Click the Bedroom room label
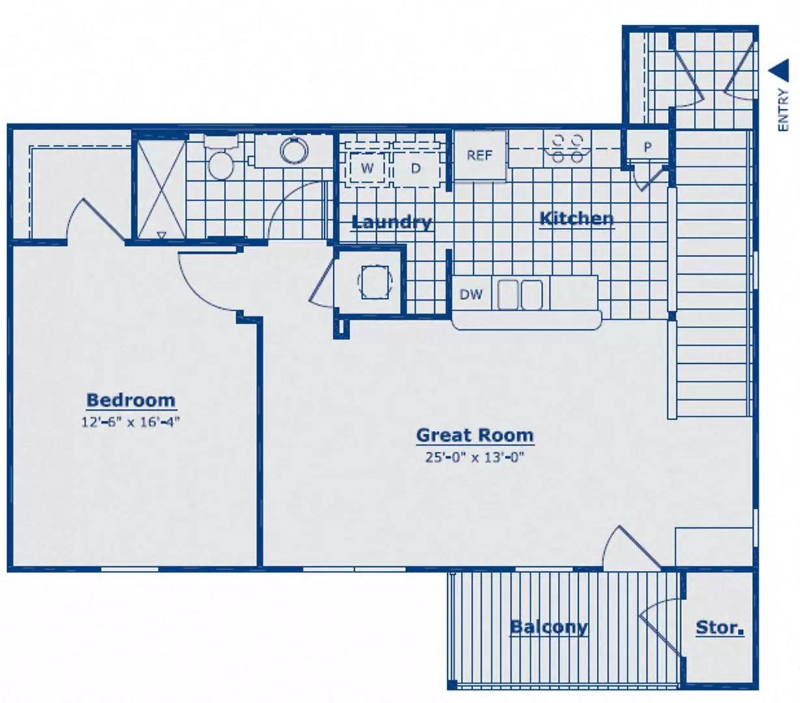(131, 400)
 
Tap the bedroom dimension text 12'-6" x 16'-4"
(131, 422)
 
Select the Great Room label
(475, 435)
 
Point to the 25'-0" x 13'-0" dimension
(475, 458)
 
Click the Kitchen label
(577, 219)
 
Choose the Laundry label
(391, 223)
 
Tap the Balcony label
(549, 627)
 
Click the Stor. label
(720, 627)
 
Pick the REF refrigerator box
(480, 156)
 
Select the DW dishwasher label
(471, 294)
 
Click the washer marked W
(367, 168)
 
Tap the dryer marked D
(416, 168)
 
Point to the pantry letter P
(648, 147)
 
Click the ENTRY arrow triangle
(779, 70)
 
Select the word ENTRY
(782, 109)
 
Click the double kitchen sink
(519, 295)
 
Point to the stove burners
(568, 148)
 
